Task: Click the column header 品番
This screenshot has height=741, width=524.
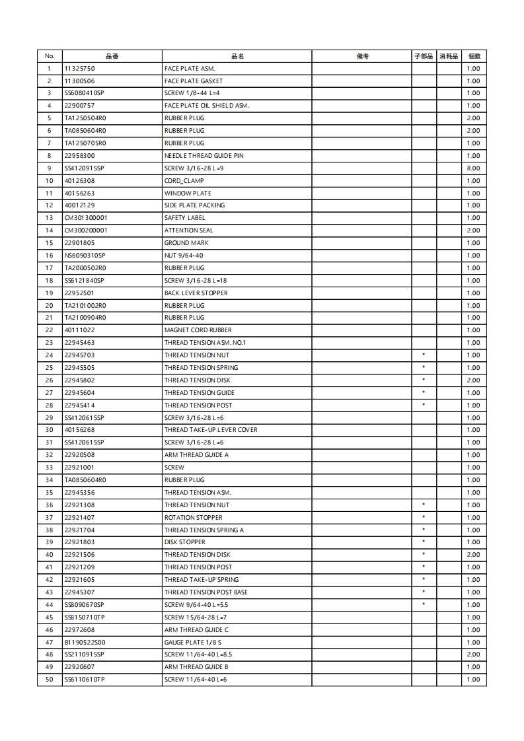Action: pyautogui.click(x=112, y=56)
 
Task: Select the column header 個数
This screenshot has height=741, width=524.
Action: pyautogui.click(x=473, y=56)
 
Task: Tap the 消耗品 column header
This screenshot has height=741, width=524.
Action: pyautogui.click(x=448, y=56)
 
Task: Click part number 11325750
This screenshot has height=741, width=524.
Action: pyautogui.click(x=79, y=69)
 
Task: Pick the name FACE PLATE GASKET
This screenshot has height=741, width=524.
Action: pyautogui.click(x=194, y=81)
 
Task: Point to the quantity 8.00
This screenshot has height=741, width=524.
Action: pyautogui.click(x=473, y=168)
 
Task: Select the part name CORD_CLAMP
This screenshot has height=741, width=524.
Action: pyautogui.click(x=184, y=181)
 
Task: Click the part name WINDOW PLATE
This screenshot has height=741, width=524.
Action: pyautogui.click(x=188, y=194)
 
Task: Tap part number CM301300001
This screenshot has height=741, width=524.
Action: pyautogui.click(x=86, y=218)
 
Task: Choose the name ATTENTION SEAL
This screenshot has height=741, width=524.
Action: pyautogui.click(x=188, y=230)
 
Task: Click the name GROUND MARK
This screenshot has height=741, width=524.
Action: pyautogui.click(x=186, y=243)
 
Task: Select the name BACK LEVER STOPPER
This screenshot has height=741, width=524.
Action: pyautogui.click(x=196, y=293)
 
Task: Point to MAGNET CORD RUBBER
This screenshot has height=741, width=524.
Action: pyautogui.click(x=198, y=330)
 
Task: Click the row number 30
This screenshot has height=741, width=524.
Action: pyautogui.click(x=49, y=430)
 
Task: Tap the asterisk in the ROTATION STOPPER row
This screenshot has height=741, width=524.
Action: pyautogui.click(x=423, y=518)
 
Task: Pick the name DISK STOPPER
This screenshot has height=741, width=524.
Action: pyautogui.click(x=184, y=542)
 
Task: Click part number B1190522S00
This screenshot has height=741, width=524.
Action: pyautogui.click(x=85, y=643)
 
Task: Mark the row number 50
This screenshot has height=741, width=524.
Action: pyautogui.click(x=49, y=680)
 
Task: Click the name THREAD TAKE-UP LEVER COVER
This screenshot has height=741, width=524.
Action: pyautogui.click(x=211, y=430)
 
